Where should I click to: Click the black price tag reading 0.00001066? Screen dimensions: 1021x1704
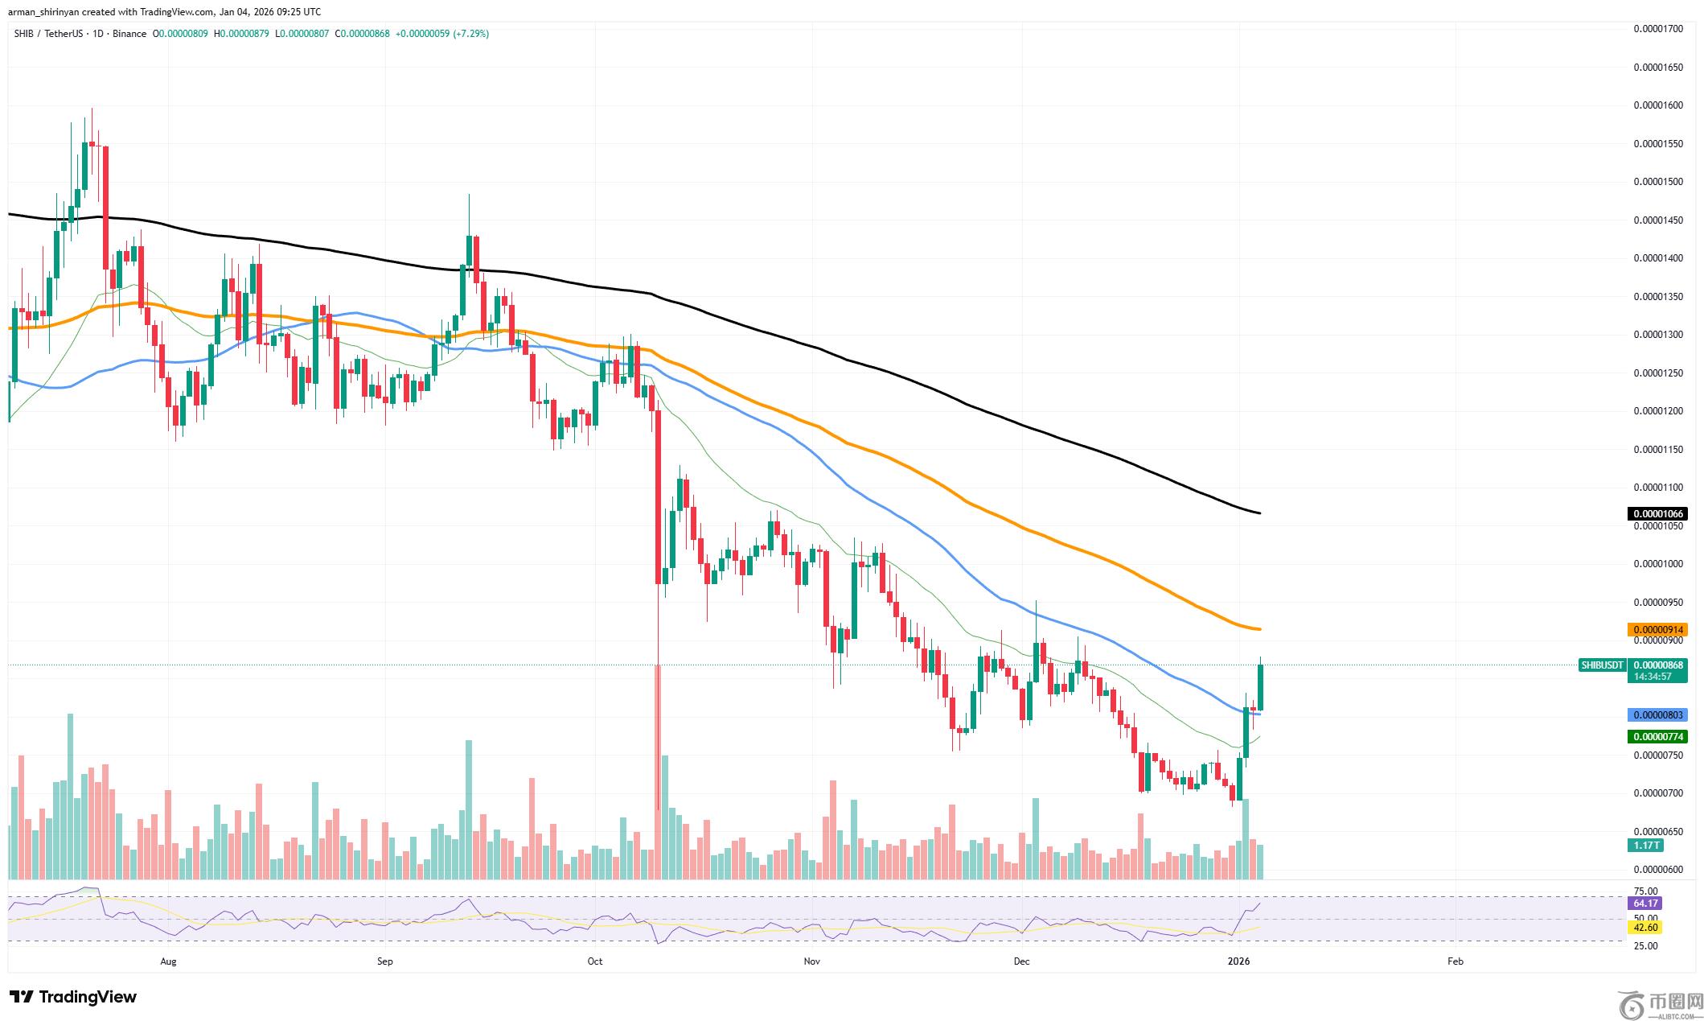tap(1656, 513)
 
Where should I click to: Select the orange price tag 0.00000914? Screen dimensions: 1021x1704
tap(1656, 629)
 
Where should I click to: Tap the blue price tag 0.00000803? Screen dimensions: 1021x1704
tap(1656, 714)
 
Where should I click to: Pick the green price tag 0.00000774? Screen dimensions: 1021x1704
tap(1656, 736)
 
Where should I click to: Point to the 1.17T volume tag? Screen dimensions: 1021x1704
tap(1645, 845)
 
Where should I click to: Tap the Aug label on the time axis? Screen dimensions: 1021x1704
tap(168, 961)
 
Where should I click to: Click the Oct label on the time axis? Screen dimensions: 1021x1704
tap(595, 961)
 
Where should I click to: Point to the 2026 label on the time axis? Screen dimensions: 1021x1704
tap(1239, 961)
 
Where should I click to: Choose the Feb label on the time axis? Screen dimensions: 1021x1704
tap(1455, 961)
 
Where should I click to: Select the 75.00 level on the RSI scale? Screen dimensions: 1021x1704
tap(1646, 891)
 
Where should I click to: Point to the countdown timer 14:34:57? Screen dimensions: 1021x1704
tap(1650, 677)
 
